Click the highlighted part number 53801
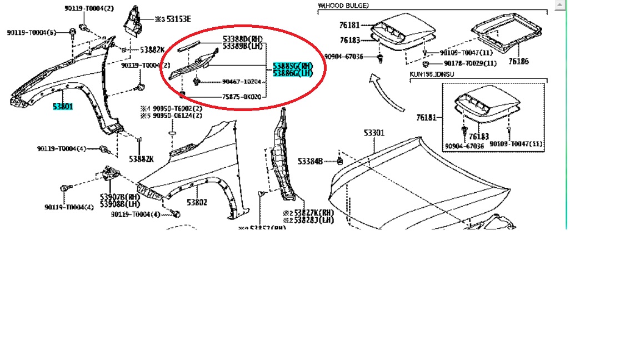click(63, 106)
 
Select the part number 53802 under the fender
click(197, 203)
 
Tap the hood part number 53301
click(374, 133)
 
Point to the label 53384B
click(310, 161)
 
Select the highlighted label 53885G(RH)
click(293, 66)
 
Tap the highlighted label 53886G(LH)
click(293, 74)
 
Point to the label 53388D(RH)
click(242, 39)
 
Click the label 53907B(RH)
click(119, 197)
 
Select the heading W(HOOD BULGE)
click(343, 6)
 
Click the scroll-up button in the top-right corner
click(560, 5)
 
